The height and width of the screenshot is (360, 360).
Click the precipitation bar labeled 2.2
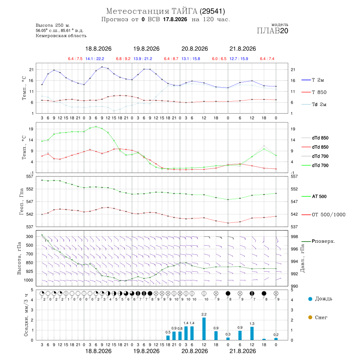(x=204, y=328)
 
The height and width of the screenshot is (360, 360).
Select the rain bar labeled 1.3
(x=252, y=333)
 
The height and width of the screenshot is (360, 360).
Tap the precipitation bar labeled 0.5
(x=168, y=338)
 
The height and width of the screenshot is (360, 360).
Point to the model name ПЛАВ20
(x=272, y=31)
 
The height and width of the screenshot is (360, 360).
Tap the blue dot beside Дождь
(x=310, y=299)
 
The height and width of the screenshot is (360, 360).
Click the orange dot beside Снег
(x=310, y=317)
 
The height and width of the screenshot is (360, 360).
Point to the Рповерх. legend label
(x=323, y=241)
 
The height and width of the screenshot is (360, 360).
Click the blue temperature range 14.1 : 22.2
(x=94, y=59)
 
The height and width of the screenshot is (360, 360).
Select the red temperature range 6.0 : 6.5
(x=219, y=59)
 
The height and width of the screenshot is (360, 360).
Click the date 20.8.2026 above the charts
(x=194, y=49)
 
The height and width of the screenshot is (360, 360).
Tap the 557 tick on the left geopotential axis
(x=30, y=176)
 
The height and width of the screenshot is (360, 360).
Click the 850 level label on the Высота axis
(x=29, y=263)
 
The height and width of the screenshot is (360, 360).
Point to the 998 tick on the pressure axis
(x=294, y=236)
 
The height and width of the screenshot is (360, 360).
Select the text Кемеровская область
(x=61, y=36)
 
